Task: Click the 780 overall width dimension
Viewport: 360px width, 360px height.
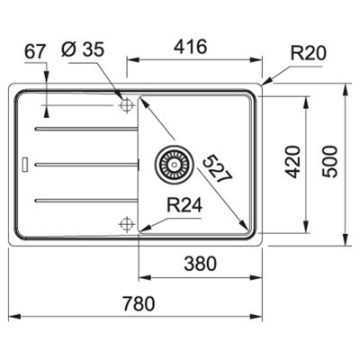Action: pos(138,301)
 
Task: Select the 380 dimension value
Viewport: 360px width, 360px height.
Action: pos(198,265)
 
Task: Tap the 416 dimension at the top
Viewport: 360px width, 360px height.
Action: pos(193,45)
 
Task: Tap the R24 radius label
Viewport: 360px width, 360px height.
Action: pos(183,206)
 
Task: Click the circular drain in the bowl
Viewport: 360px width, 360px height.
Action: pos(170,164)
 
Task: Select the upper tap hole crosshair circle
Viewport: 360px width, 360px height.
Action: pos(125,106)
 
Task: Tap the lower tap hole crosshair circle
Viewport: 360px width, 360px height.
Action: pos(125,221)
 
